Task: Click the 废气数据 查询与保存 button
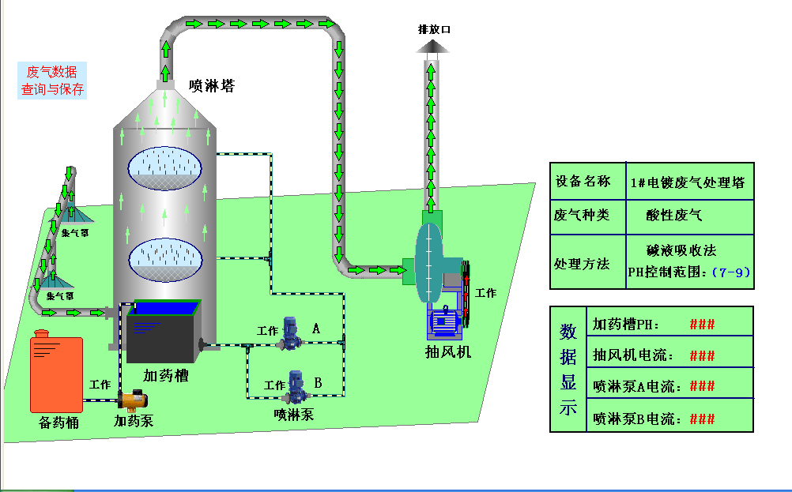52,81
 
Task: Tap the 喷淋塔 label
211,85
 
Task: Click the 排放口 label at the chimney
434,29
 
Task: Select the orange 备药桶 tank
55,374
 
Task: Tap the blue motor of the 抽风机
444,324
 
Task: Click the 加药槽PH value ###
702,324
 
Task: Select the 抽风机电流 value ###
702,355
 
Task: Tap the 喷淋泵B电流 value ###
702,419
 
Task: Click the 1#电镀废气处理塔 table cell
688,182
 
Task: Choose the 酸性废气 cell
673,215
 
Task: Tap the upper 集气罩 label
76,233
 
